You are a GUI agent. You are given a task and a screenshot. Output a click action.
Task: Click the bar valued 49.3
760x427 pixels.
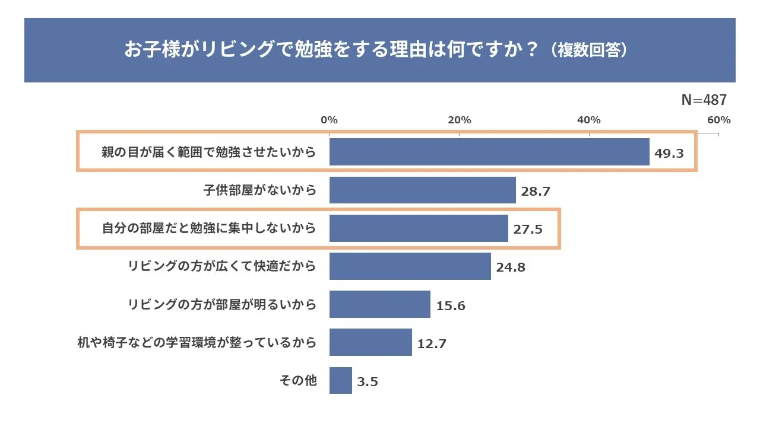489,152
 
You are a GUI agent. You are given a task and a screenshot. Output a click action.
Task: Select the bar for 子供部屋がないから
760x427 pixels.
422,190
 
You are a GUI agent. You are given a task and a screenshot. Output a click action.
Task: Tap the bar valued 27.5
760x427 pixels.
419,228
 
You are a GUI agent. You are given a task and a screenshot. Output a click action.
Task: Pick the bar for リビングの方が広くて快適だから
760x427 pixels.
410,266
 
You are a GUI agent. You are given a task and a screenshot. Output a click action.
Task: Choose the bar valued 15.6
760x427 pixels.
379,304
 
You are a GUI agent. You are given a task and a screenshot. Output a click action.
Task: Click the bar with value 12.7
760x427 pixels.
370,342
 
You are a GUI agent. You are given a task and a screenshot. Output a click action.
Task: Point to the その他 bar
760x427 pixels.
340,380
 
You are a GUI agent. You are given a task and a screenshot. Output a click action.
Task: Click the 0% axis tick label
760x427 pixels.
329,120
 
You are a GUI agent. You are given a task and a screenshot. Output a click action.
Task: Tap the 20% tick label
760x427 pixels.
459,120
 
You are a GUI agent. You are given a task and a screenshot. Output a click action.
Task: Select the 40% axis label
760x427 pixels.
589,120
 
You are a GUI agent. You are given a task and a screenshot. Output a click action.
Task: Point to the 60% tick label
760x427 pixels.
718,120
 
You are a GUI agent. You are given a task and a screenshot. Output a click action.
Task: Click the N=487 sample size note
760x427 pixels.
704,100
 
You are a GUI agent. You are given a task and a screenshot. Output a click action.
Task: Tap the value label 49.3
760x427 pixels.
669,154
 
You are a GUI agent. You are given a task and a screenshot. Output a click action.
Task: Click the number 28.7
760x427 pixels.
536,192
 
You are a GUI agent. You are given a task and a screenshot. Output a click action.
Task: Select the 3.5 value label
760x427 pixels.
368,382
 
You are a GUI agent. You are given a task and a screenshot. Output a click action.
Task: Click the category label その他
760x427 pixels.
298,381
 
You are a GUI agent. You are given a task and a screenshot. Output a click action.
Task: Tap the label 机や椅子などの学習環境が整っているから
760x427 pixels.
197,343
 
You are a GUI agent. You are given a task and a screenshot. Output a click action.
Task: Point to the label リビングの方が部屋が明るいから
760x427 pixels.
222,305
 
